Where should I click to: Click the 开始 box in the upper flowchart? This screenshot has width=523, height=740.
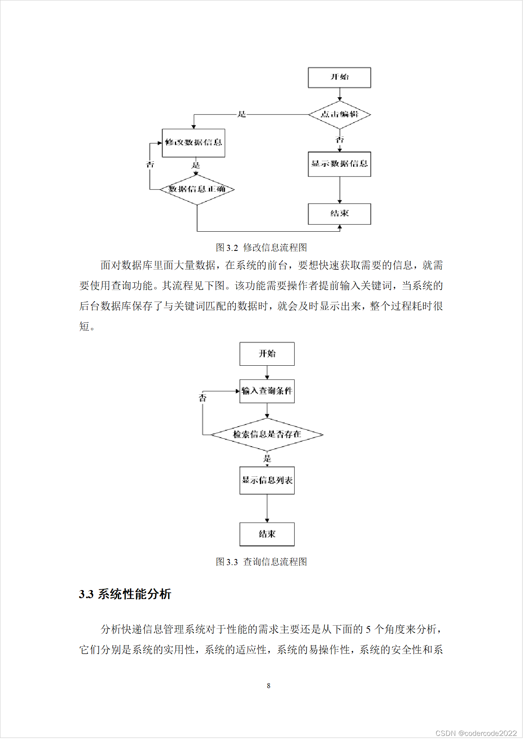(339, 77)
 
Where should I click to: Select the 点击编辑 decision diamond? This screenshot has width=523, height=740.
(339, 114)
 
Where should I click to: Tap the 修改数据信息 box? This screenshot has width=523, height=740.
(193, 143)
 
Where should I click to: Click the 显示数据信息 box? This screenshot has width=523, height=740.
(339, 164)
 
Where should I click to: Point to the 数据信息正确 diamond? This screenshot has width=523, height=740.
(197, 189)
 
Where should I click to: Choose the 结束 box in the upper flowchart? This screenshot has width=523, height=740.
(339, 214)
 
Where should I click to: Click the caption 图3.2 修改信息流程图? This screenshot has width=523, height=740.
(261, 248)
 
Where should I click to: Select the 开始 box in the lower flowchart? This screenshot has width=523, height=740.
(267, 354)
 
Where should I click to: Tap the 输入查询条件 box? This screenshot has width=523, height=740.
(267, 391)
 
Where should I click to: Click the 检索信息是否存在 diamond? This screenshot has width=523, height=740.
(267, 434)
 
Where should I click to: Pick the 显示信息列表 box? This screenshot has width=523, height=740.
(267, 481)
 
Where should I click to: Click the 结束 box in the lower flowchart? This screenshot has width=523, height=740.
(267, 534)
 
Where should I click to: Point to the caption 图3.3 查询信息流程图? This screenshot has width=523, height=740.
(261, 562)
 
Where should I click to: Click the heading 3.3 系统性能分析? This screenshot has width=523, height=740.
(125, 594)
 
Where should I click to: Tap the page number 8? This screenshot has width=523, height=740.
(268, 686)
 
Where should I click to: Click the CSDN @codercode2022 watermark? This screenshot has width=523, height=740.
(476, 733)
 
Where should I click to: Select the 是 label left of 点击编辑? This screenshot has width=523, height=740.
(242, 114)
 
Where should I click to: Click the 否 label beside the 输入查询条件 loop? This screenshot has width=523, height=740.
(203, 398)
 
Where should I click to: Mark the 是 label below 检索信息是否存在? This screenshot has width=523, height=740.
(267, 458)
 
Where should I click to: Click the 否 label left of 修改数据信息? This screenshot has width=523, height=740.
(150, 165)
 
